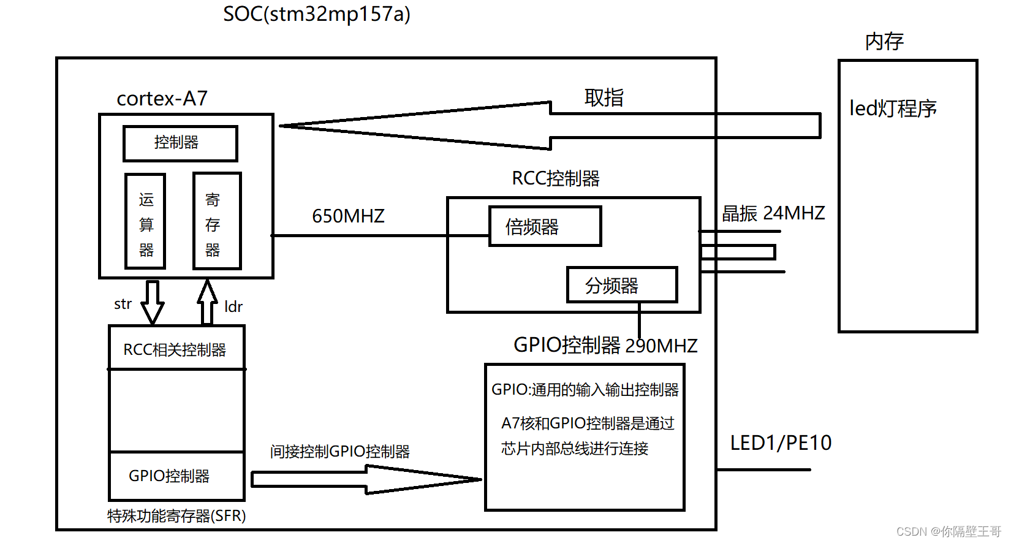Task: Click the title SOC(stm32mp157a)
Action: coord(316,14)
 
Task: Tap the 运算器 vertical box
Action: coord(145,221)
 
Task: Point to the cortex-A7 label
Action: coord(162,99)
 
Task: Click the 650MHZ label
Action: coord(348,216)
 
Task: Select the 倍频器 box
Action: coord(545,227)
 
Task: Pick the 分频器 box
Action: coord(621,285)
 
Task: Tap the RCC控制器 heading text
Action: coord(555,179)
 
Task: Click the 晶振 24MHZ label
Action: coord(773,213)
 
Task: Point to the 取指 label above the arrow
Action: coord(604,97)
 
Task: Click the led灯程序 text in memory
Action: coord(892,108)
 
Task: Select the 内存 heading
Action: coord(884,42)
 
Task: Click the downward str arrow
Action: coord(152,302)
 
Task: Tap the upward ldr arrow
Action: coord(208,302)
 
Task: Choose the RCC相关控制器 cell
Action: coord(176,349)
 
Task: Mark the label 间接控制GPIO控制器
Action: coord(339,452)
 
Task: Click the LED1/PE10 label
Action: coord(780,443)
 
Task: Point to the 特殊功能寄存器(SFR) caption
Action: coord(176,516)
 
